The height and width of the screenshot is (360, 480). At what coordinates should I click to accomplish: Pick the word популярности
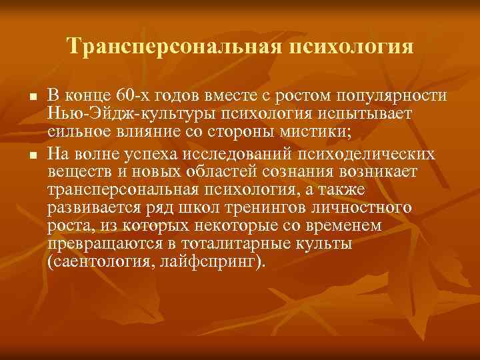click(383, 96)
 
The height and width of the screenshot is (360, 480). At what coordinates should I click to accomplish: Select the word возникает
click(379, 173)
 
